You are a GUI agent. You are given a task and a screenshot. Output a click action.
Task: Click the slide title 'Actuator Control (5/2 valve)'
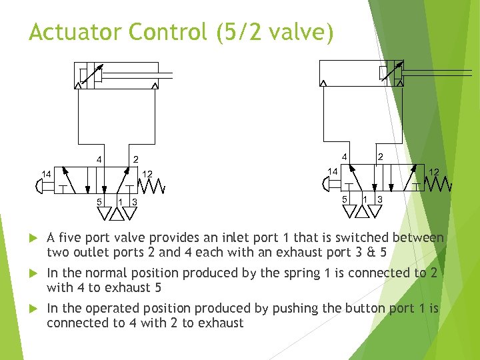pos(181,32)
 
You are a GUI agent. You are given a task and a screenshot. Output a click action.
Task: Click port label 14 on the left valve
pos(46,175)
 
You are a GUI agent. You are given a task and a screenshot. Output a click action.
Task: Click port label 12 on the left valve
pos(148,175)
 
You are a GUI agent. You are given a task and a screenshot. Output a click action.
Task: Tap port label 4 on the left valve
pos(99,159)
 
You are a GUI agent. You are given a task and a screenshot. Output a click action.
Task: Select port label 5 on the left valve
pos(99,201)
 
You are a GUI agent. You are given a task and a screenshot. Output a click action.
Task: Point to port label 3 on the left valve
pos(135,202)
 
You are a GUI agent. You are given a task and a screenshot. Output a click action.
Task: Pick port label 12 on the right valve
pos(433,172)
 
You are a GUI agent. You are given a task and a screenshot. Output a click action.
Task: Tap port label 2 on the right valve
pos(380,156)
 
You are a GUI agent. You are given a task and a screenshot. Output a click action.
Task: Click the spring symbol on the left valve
pos(154,185)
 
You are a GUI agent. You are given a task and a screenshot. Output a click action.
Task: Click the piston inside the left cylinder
pos(96,75)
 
